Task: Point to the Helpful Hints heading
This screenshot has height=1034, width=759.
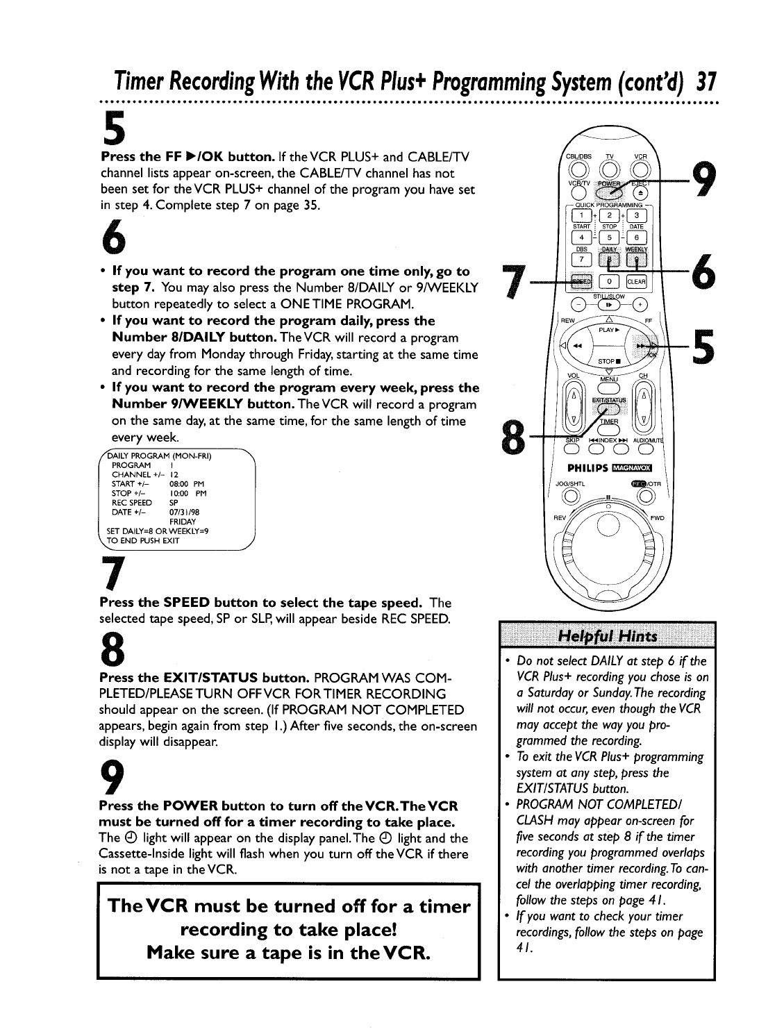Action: coord(606,637)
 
